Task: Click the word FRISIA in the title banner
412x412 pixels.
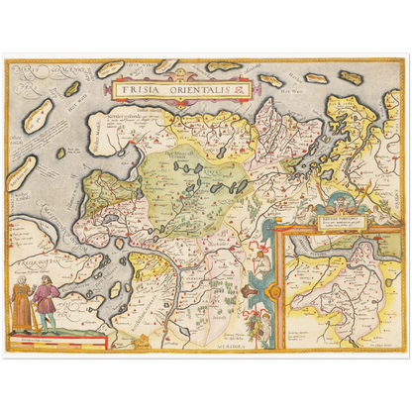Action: tap(136, 88)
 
